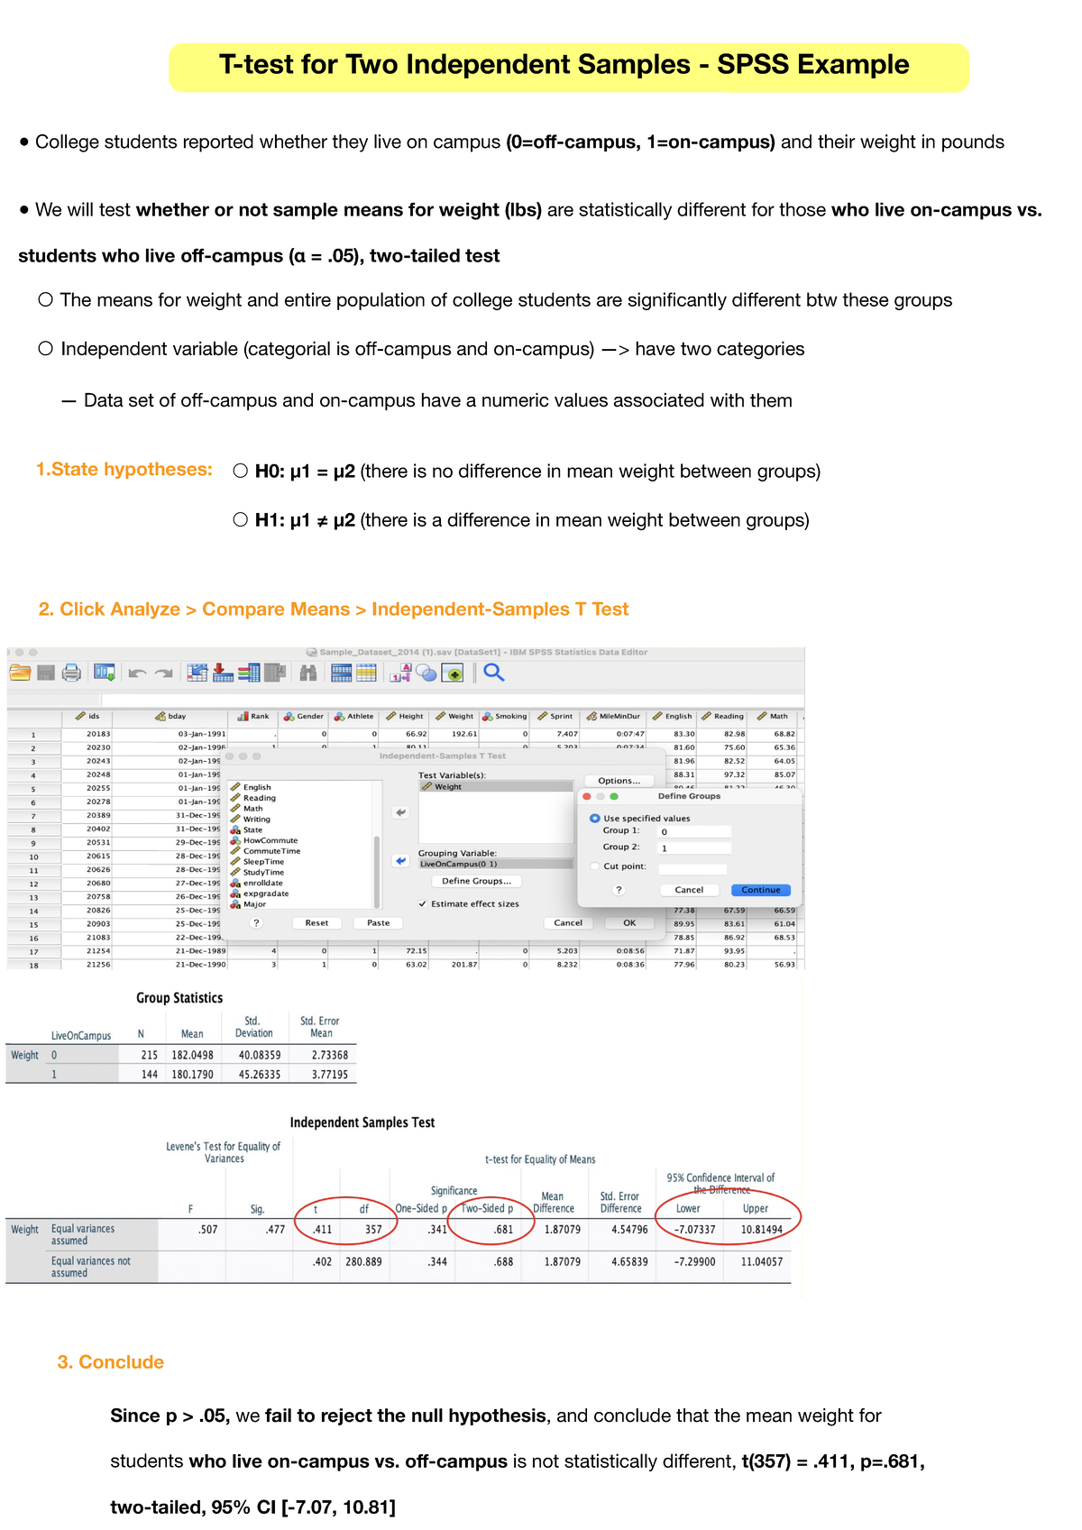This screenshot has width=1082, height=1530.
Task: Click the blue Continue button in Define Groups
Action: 760,890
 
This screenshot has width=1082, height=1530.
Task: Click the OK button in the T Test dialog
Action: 629,922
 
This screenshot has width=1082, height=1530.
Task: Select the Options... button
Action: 619,781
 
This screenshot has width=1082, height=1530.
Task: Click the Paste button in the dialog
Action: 379,922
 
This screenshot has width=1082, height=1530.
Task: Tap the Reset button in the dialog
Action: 316,922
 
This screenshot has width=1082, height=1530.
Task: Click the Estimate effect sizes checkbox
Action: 423,903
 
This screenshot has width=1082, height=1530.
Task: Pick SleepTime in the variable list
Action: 263,862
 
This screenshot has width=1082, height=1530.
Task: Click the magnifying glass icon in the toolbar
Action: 493,673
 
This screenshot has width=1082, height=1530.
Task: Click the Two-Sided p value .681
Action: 503,1229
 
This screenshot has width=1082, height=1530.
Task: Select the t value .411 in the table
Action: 322,1229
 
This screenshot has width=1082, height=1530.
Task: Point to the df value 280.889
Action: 363,1261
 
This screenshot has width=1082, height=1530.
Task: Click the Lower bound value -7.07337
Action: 694,1229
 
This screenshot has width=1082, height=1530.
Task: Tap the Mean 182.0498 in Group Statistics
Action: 192,1055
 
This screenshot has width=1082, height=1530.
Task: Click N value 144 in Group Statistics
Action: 150,1074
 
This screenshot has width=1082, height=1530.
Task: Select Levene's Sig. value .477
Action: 275,1229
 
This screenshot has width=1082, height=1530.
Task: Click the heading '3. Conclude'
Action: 111,1361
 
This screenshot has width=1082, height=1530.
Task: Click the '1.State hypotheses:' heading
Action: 124,470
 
